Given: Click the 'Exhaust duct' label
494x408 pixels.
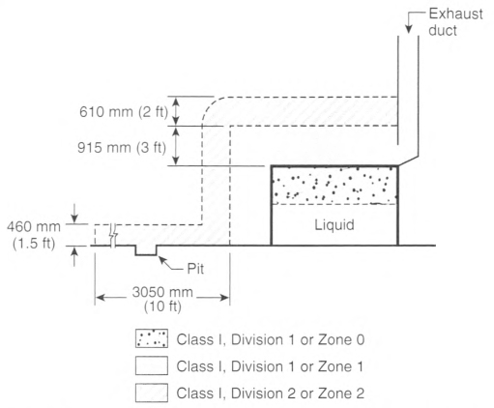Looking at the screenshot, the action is click(x=455, y=22).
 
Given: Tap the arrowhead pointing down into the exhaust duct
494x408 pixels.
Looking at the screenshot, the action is click(x=409, y=29).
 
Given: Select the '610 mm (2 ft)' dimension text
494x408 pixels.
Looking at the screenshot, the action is click(x=124, y=112).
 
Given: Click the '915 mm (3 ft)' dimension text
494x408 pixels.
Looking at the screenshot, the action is click(x=122, y=148).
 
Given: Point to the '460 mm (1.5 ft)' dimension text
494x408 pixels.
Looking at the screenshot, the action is click(x=34, y=235).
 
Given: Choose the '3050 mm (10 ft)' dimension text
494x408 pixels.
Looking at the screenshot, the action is click(x=162, y=299).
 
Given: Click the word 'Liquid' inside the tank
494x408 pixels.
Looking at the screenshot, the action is click(x=334, y=224).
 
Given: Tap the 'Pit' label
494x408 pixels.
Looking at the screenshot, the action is click(x=195, y=269).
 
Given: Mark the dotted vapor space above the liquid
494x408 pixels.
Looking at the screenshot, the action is click(x=334, y=186).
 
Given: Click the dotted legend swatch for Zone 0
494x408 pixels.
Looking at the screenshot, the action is click(x=152, y=338).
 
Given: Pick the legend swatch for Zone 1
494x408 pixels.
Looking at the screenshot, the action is click(x=152, y=365).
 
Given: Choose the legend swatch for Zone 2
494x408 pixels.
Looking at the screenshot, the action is click(x=152, y=393).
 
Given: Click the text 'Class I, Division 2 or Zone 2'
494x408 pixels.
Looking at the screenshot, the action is click(x=271, y=393).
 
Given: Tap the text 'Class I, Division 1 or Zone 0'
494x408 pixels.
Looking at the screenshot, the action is click(x=271, y=339).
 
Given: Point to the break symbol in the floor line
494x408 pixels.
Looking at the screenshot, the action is click(x=113, y=235).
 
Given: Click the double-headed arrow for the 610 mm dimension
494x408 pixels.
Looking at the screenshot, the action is click(x=176, y=111).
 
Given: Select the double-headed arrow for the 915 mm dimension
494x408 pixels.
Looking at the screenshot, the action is click(x=176, y=146).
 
